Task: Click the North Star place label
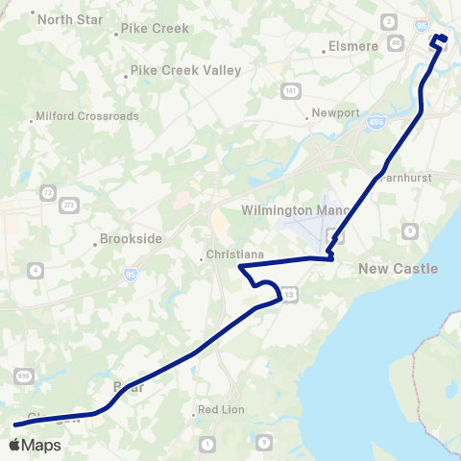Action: [70, 19]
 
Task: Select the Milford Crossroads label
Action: [86, 116]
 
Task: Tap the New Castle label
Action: [398, 269]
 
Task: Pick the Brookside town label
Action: [132, 238]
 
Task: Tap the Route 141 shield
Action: [290, 90]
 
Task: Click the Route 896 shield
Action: [23, 378]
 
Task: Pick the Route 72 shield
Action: [48, 193]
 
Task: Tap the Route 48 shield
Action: [397, 42]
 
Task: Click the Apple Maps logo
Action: [36, 445]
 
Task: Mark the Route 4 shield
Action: [36, 271]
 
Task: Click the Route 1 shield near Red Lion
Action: [208, 443]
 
